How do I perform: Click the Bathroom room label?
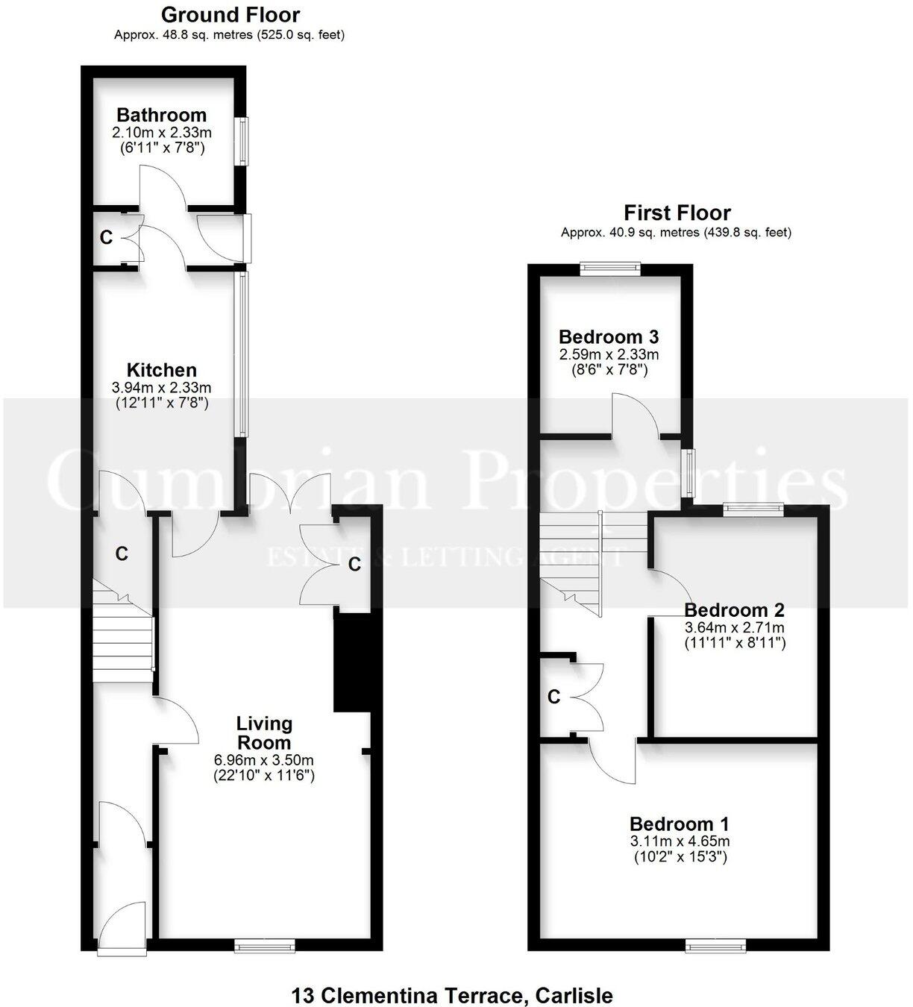pyautogui.click(x=161, y=116)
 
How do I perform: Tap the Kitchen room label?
pyautogui.click(x=161, y=370)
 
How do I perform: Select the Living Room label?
pyautogui.click(x=264, y=733)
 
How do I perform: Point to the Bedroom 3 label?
pyautogui.click(x=609, y=337)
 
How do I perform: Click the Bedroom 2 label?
pyautogui.click(x=734, y=610)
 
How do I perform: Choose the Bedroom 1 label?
pyautogui.click(x=679, y=824)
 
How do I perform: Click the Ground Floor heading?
pyautogui.click(x=230, y=15)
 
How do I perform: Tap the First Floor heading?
pyautogui.click(x=677, y=213)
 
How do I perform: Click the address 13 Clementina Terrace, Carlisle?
pyautogui.click(x=452, y=995)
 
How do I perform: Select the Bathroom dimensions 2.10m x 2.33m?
pyautogui.click(x=161, y=133)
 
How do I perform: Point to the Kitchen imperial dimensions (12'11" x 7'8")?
pyautogui.click(x=161, y=404)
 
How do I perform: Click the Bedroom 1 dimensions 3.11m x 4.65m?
pyautogui.click(x=679, y=841)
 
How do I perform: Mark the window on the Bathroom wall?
pyautogui.click(x=242, y=140)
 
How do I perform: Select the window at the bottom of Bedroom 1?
pyautogui.click(x=716, y=946)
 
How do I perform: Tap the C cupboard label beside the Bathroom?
pyautogui.click(x=107, y=238)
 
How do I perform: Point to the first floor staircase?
pyautogui.click(x=571, y=559)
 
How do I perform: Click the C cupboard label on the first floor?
pyautogui.click(x=553, y=697)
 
